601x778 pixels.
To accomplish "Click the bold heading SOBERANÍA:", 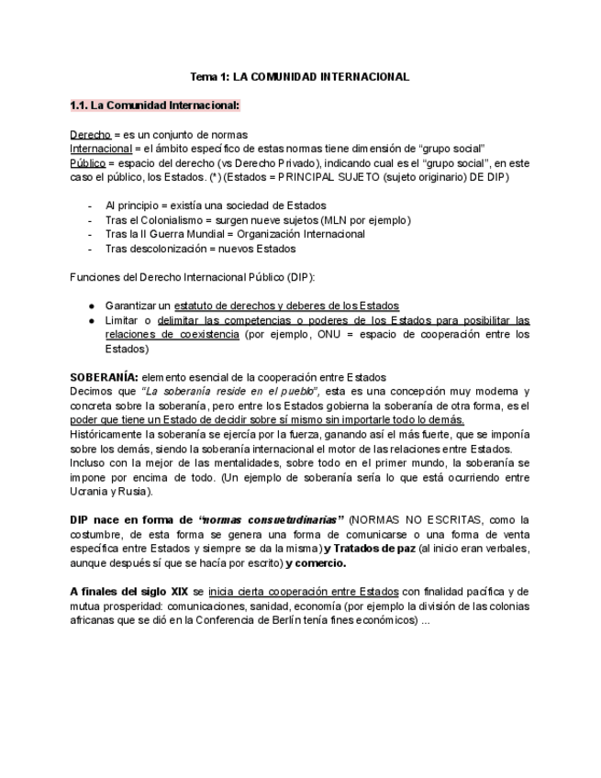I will point(105,377).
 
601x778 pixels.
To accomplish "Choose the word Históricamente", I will point(112,434).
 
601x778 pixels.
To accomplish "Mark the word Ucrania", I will point(89,492).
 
